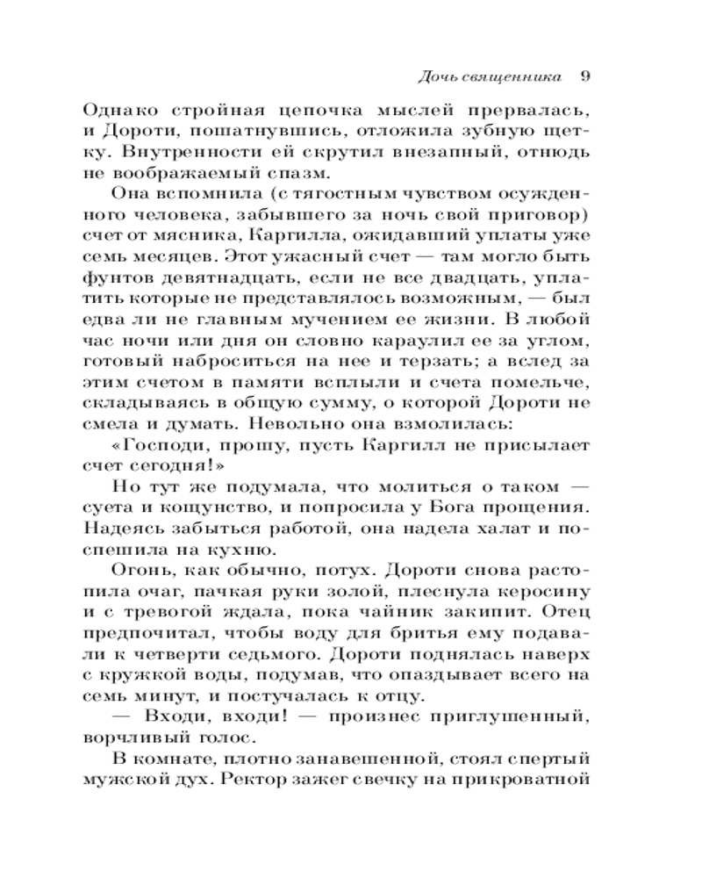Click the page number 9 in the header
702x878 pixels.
[x=585, y=76]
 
